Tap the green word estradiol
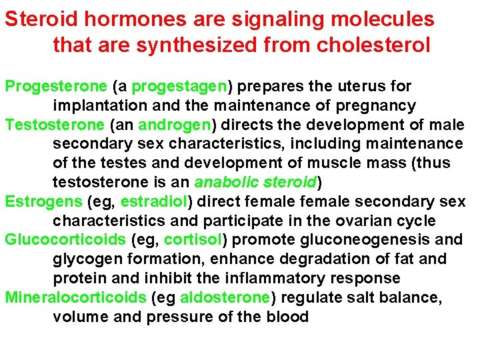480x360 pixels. point(155,201)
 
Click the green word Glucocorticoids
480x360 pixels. point(65,239)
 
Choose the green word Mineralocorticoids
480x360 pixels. point(75,297)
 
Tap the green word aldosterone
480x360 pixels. point(225,297)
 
